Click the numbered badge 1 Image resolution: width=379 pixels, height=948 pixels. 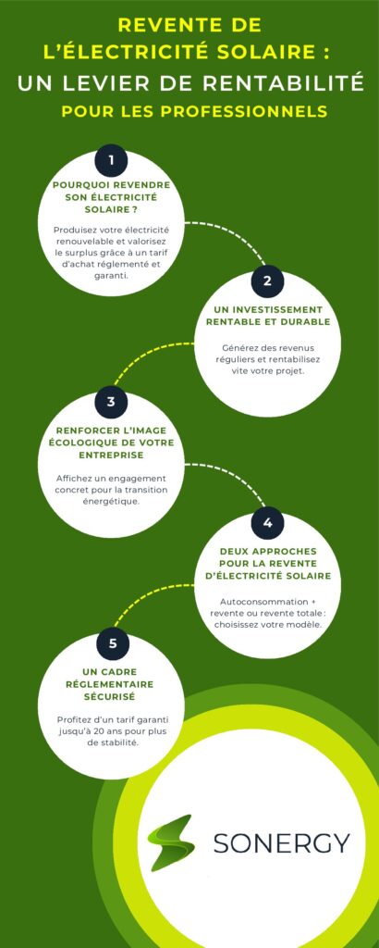111,161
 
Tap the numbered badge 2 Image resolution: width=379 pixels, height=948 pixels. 267,281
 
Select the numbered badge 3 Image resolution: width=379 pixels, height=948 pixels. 111,402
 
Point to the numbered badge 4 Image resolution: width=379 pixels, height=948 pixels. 267,522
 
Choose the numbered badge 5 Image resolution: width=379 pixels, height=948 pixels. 113,643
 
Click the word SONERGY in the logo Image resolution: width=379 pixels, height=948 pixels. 282,842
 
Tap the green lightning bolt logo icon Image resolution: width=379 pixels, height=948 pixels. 171,842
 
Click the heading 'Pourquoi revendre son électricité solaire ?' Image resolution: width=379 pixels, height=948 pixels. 111,197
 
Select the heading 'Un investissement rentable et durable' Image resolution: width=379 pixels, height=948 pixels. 268,316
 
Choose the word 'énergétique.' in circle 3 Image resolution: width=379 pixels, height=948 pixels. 111,501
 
